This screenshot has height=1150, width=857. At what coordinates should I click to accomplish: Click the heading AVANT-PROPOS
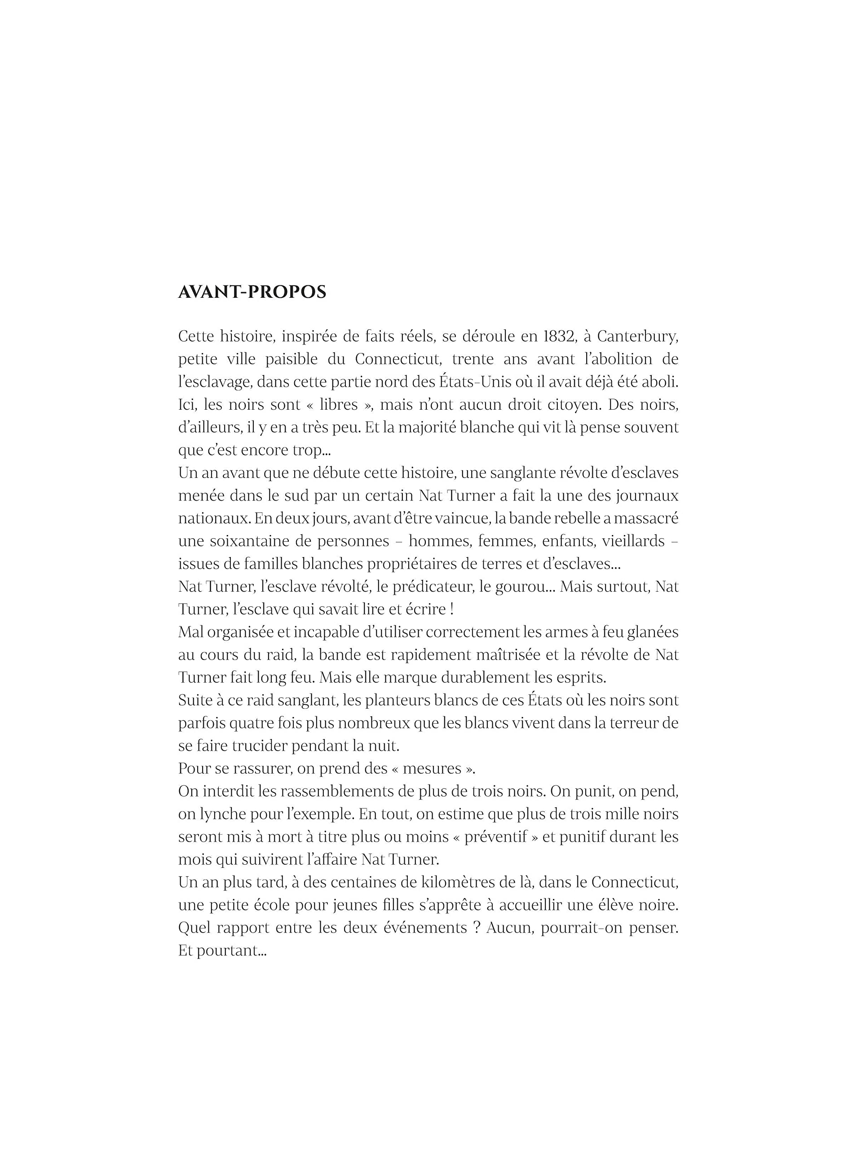click(252, 292)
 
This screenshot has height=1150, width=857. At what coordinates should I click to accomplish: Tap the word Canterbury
click(637, 336)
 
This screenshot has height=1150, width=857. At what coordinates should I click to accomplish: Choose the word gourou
click(521, 587)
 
